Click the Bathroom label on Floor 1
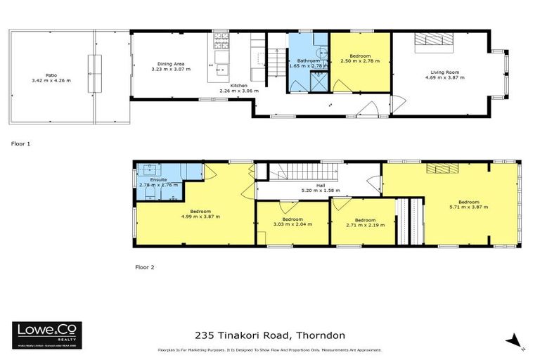click(x=308, y=61)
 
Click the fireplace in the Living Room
click(x=429, y=40)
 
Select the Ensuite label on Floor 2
click(x=157, y=180)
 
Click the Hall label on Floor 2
click(x=320, y=186)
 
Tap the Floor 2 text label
click(x=144, y=267)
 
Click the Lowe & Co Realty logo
click(x=46, y=335)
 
